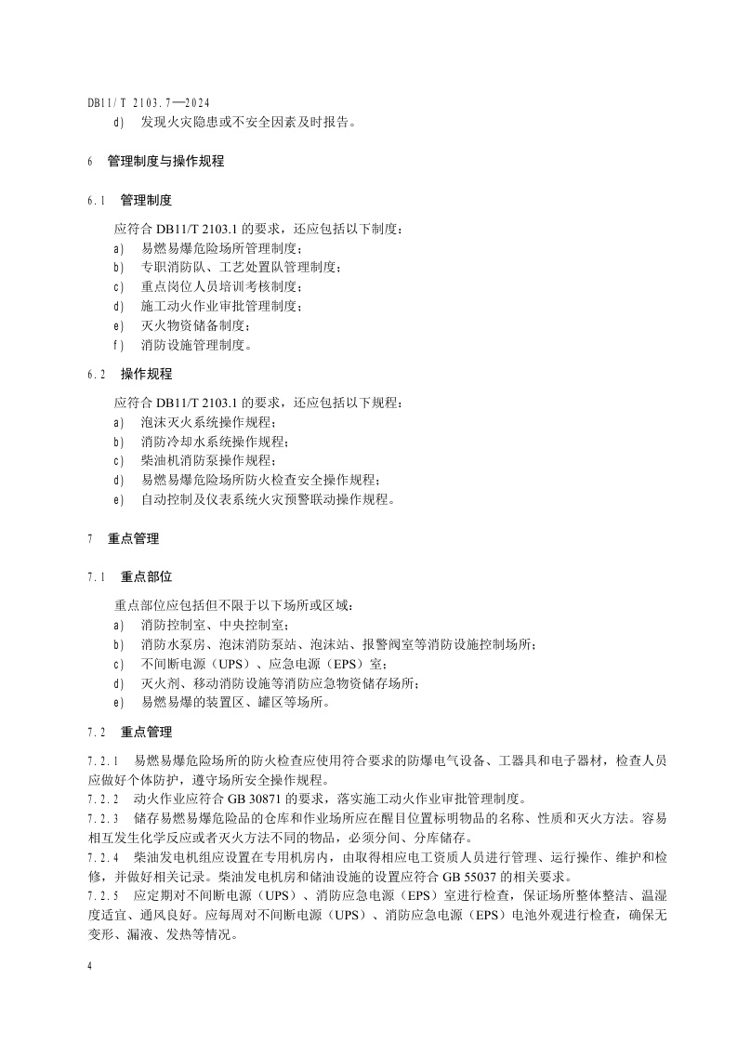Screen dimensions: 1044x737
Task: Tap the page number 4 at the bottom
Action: (x=90, y=967)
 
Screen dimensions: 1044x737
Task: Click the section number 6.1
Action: (x=97, y=200)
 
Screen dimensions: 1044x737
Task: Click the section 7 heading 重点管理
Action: (x=133, y=538)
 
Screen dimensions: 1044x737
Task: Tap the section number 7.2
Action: (x=97, y=732)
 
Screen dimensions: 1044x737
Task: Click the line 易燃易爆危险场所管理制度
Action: (x=221, y=248)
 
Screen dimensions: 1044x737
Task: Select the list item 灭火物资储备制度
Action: (x=195, y=325)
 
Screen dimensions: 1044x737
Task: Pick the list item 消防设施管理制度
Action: (x=195, y=345)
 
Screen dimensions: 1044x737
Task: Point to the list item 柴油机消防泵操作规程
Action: (x=208, y=460)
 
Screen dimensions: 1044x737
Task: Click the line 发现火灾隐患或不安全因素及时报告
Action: (x=247, y=122)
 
